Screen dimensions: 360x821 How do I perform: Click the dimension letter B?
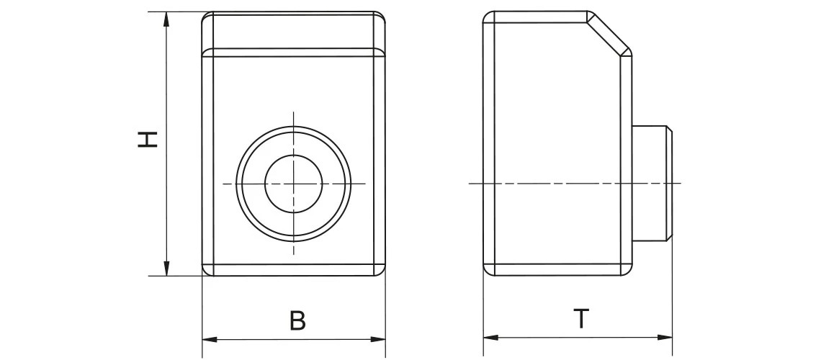297,320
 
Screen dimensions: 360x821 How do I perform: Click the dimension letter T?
580,319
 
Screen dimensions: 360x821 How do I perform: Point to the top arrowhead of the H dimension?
167,19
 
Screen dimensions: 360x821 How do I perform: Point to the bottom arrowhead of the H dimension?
167,269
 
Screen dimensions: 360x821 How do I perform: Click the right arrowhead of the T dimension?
666,337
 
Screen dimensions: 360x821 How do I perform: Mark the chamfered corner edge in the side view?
609,33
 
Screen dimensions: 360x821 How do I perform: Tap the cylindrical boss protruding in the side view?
652,183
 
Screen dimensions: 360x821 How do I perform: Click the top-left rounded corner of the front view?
205,17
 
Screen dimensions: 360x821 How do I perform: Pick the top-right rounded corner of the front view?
382,17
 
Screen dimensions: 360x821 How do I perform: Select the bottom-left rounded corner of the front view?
206,271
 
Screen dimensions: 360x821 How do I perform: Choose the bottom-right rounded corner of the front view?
382,271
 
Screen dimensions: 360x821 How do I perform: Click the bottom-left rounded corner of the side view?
487,271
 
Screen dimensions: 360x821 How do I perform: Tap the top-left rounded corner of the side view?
487,17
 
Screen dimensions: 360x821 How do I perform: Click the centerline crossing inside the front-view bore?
294,184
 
